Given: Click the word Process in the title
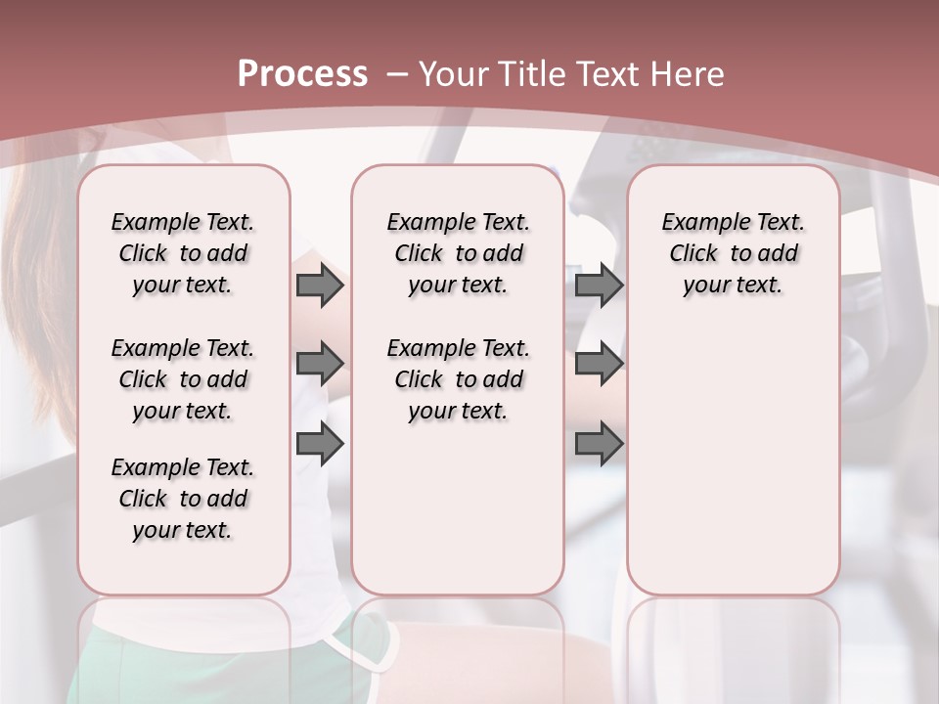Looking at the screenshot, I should point(302,74).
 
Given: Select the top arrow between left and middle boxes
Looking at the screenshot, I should point(320,285).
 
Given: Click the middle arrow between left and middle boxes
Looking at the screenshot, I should point(320,364).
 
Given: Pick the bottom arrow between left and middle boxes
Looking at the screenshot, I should point(320,443).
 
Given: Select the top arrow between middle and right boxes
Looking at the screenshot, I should point(599,285).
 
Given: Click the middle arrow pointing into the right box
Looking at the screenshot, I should point(599,364).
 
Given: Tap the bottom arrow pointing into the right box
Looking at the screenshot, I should point(599,443).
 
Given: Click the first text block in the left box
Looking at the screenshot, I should point(183,253).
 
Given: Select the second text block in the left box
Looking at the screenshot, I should point(183,379).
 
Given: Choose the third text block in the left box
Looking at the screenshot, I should point(183,499).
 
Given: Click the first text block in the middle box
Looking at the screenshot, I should point(458,253).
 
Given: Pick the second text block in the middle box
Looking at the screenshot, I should point(458,379).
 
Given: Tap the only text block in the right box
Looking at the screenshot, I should point(734,253).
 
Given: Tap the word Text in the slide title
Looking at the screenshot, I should point(604,74).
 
